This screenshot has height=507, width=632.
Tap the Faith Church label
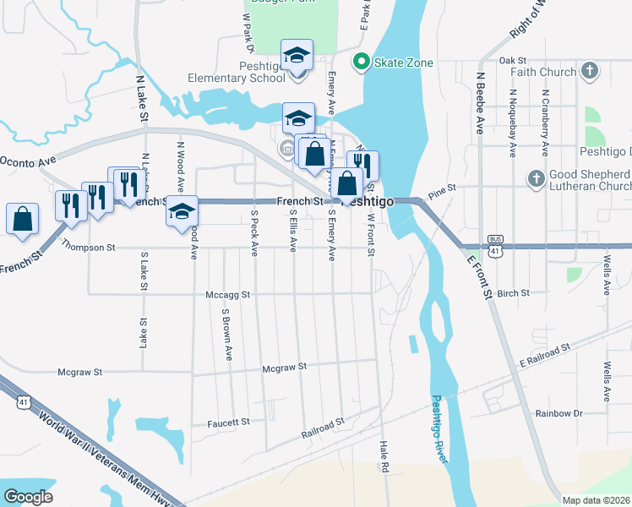point(546,72)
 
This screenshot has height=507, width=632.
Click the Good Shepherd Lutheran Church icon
point(535,179)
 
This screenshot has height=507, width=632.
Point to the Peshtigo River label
point(443,428)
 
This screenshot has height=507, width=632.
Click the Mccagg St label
point(228,295)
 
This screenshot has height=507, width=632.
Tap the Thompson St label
point(88,247)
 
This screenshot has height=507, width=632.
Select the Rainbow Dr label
point(559,413)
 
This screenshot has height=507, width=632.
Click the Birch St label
point(513,293)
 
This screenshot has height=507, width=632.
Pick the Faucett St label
point(229,421)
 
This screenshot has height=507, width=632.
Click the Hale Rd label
point(384,455)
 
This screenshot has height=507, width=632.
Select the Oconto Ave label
point(27,159)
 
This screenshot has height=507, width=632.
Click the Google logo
point(29,497)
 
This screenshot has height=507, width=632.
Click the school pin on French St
point(181,211)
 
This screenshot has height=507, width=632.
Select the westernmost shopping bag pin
point(22,217)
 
